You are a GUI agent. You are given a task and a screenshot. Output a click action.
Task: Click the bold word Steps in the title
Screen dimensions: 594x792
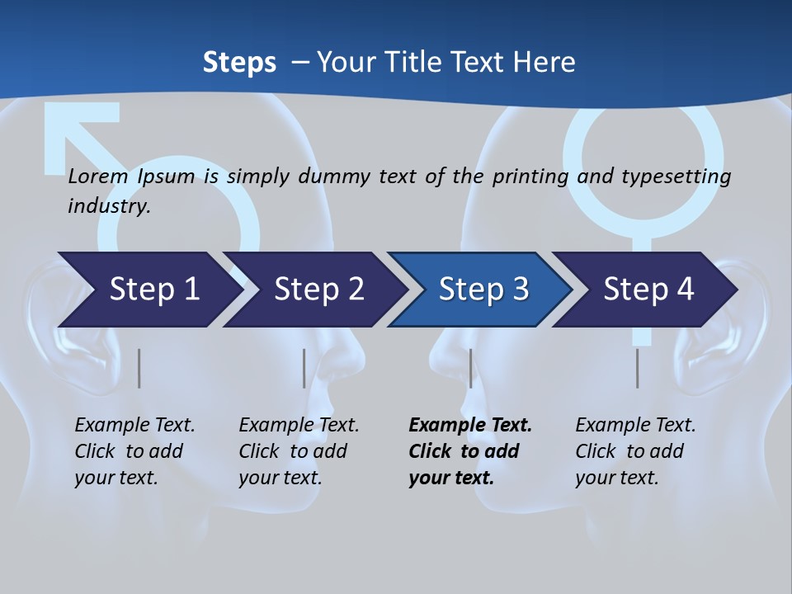[239, 62]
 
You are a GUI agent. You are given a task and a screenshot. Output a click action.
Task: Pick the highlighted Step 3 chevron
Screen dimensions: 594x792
[483, 290]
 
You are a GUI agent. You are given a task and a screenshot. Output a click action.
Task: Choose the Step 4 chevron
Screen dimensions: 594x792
[648, 290]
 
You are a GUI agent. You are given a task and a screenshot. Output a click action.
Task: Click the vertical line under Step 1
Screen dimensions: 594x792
[139, 368]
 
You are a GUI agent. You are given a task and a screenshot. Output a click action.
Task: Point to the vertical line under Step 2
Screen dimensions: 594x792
[304, 368]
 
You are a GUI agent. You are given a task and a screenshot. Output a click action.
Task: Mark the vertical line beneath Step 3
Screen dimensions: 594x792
[470, 368]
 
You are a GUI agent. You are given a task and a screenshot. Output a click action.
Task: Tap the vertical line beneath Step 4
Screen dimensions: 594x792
[637, 368]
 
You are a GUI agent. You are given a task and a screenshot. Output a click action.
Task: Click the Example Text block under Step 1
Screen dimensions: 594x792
[134, 451]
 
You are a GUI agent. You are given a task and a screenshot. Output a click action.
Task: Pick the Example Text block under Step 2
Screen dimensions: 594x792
[298, 451]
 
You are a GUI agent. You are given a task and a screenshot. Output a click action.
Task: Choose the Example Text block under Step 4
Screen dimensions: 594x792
[634, 451]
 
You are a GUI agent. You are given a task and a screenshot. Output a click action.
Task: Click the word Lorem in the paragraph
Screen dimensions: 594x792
[98, 177]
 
